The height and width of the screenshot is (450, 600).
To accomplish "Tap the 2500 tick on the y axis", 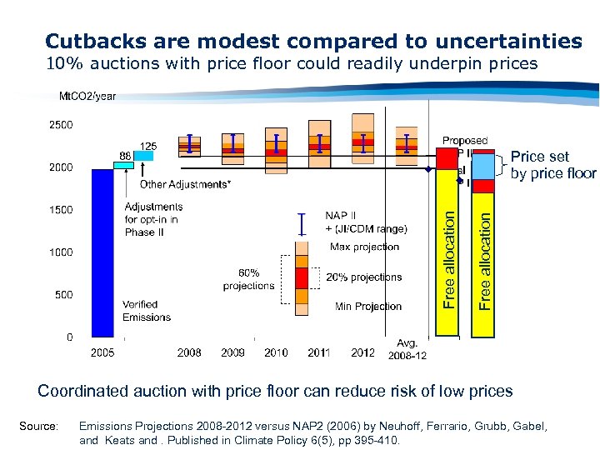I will click(59, 125).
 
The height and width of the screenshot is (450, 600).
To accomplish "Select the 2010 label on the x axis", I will click(276, 352).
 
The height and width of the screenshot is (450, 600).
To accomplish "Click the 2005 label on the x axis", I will click(102, 352).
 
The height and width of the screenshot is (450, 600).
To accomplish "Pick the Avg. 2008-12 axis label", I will click(407, 349).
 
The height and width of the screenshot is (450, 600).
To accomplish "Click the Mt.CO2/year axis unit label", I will click(87, 97).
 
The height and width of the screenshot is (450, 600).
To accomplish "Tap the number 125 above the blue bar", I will click(148, 146).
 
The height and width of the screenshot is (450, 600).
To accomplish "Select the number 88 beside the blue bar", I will click(124, 155).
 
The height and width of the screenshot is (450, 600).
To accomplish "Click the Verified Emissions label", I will click(146, 311).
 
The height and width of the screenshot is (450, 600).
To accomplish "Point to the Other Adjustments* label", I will click(185, 184).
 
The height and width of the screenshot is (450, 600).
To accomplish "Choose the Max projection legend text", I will click(364, 247).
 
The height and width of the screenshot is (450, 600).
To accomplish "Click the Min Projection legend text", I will click(368, 307).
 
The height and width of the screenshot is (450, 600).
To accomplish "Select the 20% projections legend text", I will click(364, 277).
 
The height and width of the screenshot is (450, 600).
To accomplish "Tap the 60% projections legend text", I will click(248, 279).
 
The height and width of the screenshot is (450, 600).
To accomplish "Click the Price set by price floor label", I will click(552, 165).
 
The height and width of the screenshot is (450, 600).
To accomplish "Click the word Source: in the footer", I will click(38, 426).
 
